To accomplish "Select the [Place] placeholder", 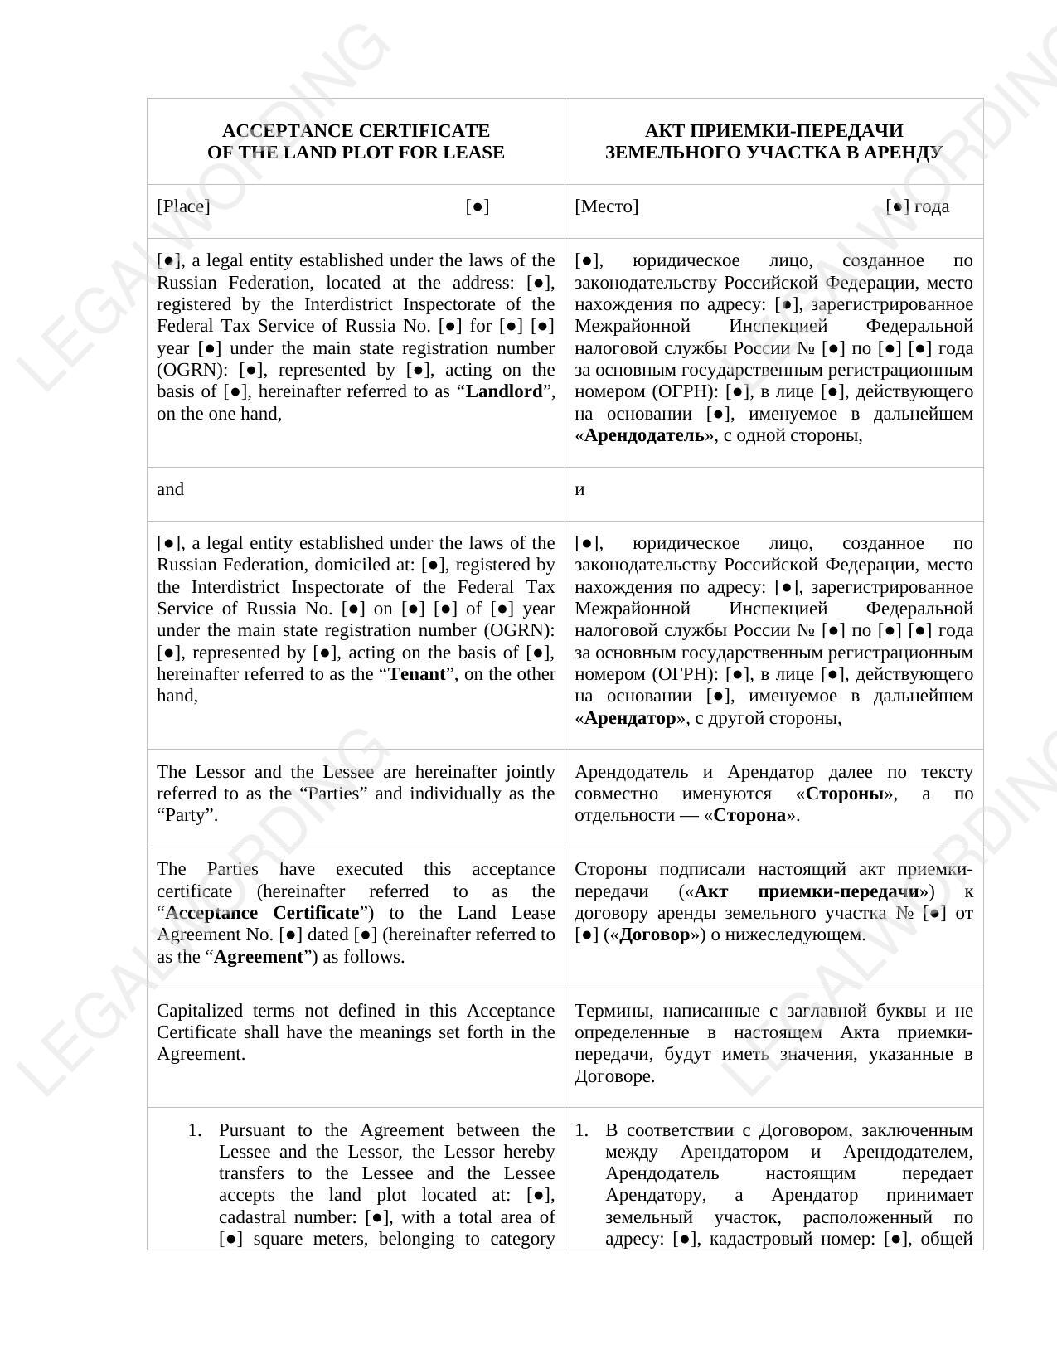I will point(183,206).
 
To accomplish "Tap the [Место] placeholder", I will point(606,206).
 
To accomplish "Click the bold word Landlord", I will point(504,391).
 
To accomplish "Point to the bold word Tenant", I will point(417,674).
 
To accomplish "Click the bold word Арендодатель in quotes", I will point(644,435).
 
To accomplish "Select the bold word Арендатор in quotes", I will point(630,718).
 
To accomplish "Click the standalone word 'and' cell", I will point(170,489).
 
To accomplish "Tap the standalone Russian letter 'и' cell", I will point(579,489).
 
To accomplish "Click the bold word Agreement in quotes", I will point(259,957).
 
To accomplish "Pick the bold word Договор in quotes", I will point(654,935).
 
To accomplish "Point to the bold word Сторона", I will point(749,815).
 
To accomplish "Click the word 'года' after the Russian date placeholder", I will point(932,206).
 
